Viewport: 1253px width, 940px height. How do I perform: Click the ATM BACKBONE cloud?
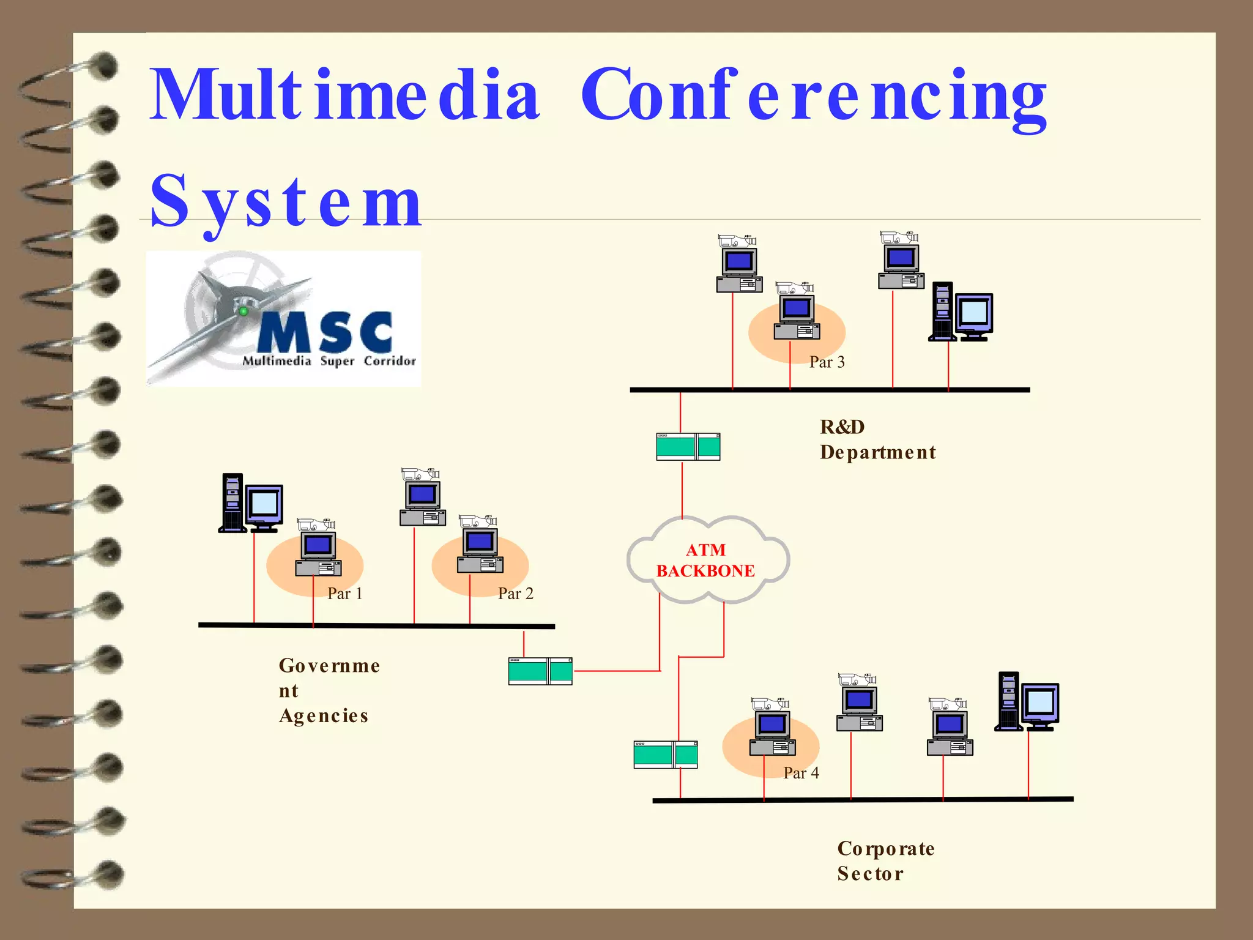707,560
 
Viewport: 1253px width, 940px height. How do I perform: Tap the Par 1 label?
345,594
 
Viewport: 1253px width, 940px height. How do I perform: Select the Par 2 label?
515,594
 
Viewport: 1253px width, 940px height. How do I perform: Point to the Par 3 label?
827,362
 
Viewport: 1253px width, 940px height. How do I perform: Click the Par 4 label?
801,773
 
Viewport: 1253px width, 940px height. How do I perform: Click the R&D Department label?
877,439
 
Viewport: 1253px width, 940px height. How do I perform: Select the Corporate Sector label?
885,860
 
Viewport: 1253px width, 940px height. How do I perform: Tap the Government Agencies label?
329,690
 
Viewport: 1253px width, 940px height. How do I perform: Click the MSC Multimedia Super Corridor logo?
283,319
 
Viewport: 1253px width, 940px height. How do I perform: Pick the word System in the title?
286,201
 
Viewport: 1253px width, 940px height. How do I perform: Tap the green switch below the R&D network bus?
688,447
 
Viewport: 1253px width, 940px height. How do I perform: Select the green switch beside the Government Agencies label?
540,671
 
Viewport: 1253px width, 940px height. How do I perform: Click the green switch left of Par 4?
665,754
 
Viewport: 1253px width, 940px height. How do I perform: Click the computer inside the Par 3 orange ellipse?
796,318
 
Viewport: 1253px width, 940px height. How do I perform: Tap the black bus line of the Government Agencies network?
376,625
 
